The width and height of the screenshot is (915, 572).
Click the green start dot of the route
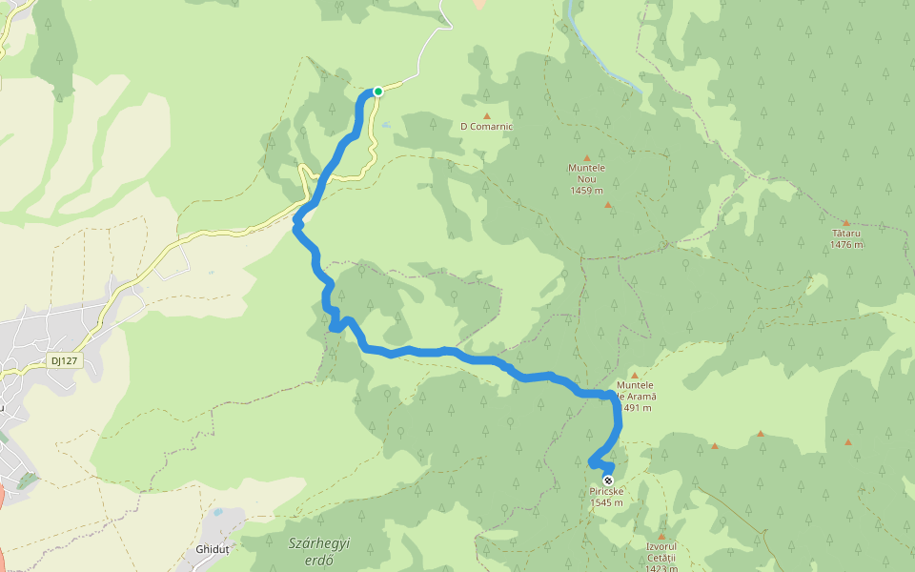tap(378, 92)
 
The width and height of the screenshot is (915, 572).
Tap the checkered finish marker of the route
tap(607, 480)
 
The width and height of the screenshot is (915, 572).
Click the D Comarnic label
tap(486, 126)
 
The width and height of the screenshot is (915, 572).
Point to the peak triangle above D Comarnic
tap(486, 116)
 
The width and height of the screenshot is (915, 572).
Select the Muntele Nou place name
tap(586, 168)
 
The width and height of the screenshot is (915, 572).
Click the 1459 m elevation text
tap(586, 190)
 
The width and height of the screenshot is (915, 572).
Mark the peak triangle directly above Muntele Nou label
tap(586, 158)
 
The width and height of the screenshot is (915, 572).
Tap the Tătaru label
tap(845, 233)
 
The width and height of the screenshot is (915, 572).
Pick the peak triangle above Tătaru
tap(845, 223)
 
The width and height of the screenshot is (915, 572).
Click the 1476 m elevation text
tap(845, 245)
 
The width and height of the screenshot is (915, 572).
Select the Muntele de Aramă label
tap(636, 391)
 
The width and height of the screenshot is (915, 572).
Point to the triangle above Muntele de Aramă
tap(634, 376)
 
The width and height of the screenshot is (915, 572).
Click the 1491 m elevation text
tap(636, 408)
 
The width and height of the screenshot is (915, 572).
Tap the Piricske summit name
tap(606, 492)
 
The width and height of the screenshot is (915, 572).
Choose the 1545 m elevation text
tap(606, 503)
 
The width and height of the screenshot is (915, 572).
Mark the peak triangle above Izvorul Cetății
tap(661, 537)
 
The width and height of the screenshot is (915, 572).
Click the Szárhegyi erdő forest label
tap(319, 551)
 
